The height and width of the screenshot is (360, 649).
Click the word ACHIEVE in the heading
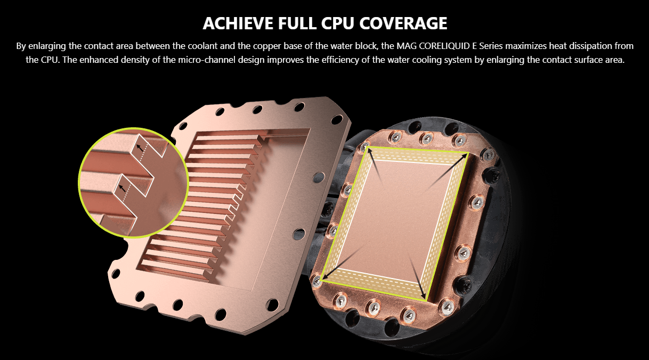238,23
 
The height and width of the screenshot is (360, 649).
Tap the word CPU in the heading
337,23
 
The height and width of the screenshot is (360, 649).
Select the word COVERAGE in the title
403,23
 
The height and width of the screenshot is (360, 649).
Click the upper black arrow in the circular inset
140,148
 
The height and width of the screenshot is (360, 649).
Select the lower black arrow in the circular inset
123,188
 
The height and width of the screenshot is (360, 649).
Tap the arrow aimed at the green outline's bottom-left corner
342,263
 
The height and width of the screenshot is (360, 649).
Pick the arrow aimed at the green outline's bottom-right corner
417,275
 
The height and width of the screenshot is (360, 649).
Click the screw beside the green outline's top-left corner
364,146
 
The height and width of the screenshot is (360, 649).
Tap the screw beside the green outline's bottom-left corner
317,281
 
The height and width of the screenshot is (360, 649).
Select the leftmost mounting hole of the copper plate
116,273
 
